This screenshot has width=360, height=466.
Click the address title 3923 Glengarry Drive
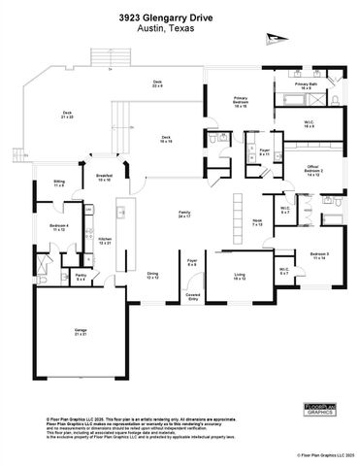tap(180, 17)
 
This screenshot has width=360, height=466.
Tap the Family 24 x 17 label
tap(184, 216)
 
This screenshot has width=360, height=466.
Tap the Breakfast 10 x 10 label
tap(103, 178)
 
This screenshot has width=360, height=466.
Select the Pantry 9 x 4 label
tap(82, 278)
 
